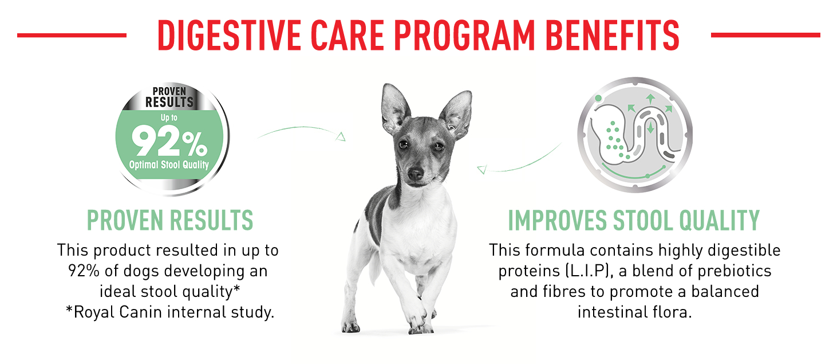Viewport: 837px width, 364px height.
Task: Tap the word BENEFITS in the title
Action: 613,35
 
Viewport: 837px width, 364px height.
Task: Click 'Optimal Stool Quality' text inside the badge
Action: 169,165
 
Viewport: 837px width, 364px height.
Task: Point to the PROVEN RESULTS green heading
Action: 170,220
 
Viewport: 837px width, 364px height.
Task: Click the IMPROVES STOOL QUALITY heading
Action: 634,220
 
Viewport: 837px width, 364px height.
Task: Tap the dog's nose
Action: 416,173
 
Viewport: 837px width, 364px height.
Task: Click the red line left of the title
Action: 72,35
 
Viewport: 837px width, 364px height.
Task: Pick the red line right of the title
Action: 765,35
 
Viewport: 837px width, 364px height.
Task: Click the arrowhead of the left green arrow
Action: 341,137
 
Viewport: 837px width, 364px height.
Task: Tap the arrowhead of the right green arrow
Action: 481,170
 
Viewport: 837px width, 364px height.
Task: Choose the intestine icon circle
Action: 634,135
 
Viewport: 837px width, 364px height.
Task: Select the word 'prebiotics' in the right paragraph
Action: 735,271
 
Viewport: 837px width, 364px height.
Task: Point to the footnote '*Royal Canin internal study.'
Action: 170,312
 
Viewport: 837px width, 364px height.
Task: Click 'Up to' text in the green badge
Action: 169,118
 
